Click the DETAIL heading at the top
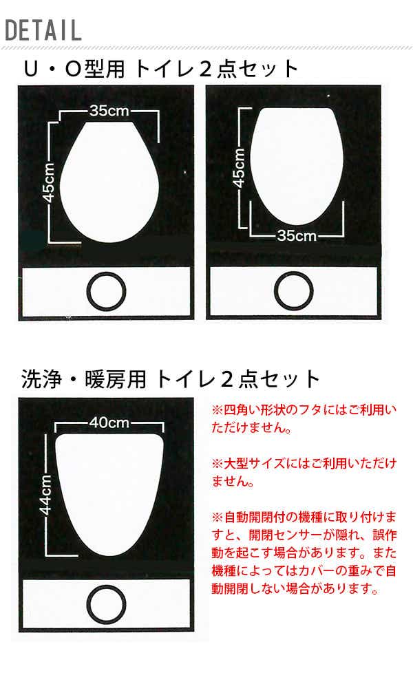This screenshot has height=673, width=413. tap(43, 30)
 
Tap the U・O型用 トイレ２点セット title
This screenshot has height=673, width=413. tap(161, 69)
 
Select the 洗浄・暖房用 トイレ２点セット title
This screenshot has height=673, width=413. tap(171, 379)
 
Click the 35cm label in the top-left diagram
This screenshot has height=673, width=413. tap(109, 111)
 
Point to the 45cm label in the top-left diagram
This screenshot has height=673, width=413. tap(48, 182)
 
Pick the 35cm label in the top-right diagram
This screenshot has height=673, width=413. tap(297, 235)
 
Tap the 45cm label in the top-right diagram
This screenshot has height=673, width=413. tap(238, 168)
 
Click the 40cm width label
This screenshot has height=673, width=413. tap(109, 423)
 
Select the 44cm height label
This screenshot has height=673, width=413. tap(45, 494)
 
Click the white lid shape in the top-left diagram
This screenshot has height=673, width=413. tap(109, 182)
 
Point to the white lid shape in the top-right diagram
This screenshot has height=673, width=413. tap(297, 167)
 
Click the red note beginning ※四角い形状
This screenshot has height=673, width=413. tap(304, 418)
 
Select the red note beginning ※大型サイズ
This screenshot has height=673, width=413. tap(304, 472)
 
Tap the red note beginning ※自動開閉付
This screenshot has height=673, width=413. tap(304, 553)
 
